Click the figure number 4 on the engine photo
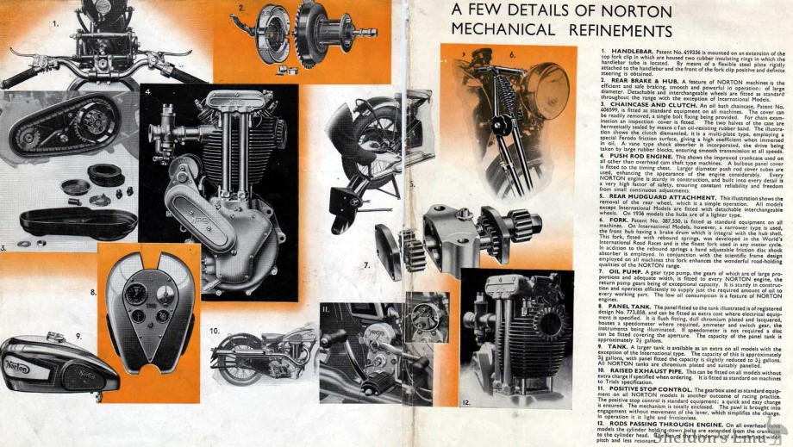point(147,91)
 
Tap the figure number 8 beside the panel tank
point(93,292)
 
